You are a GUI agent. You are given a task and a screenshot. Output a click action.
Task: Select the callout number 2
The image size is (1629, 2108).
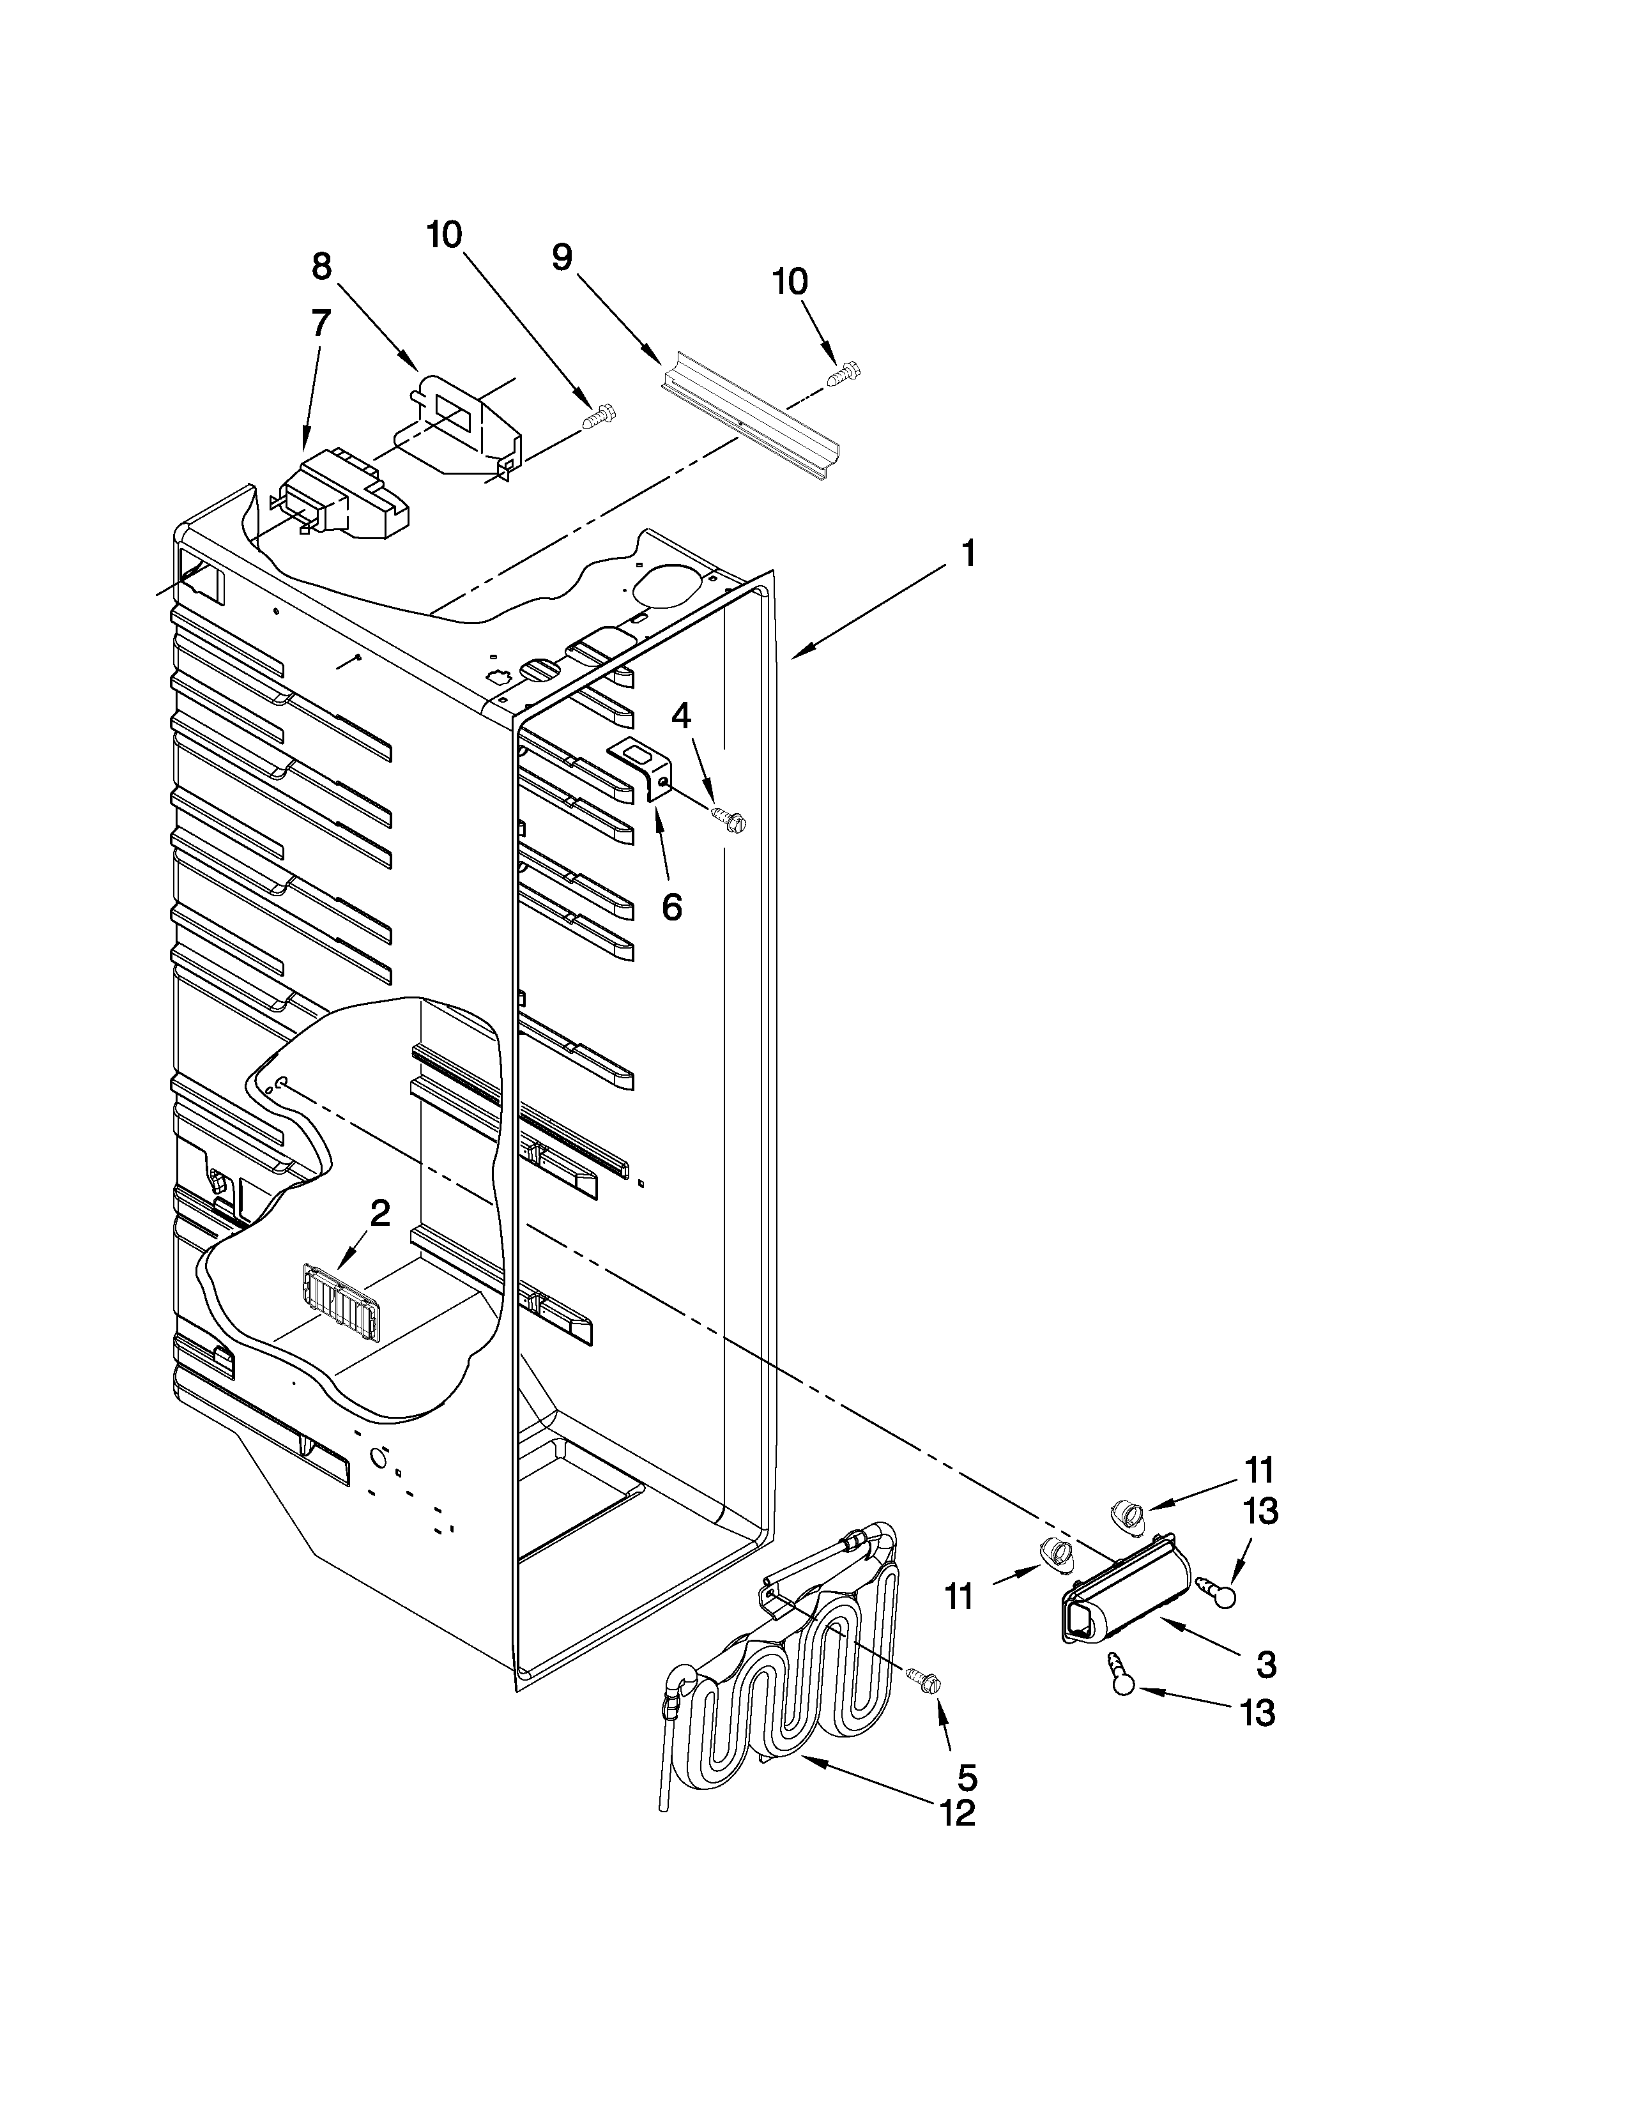pos(380,1213)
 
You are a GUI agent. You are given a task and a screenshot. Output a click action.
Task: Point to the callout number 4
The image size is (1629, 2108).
pos(682,715)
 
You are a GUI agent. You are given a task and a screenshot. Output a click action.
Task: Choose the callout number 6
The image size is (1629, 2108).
pos(671,906)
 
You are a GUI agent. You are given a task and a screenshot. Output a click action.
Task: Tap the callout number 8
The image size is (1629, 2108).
pos(321,266)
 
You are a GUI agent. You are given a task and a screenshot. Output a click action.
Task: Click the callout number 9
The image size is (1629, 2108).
pos(563,257)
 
